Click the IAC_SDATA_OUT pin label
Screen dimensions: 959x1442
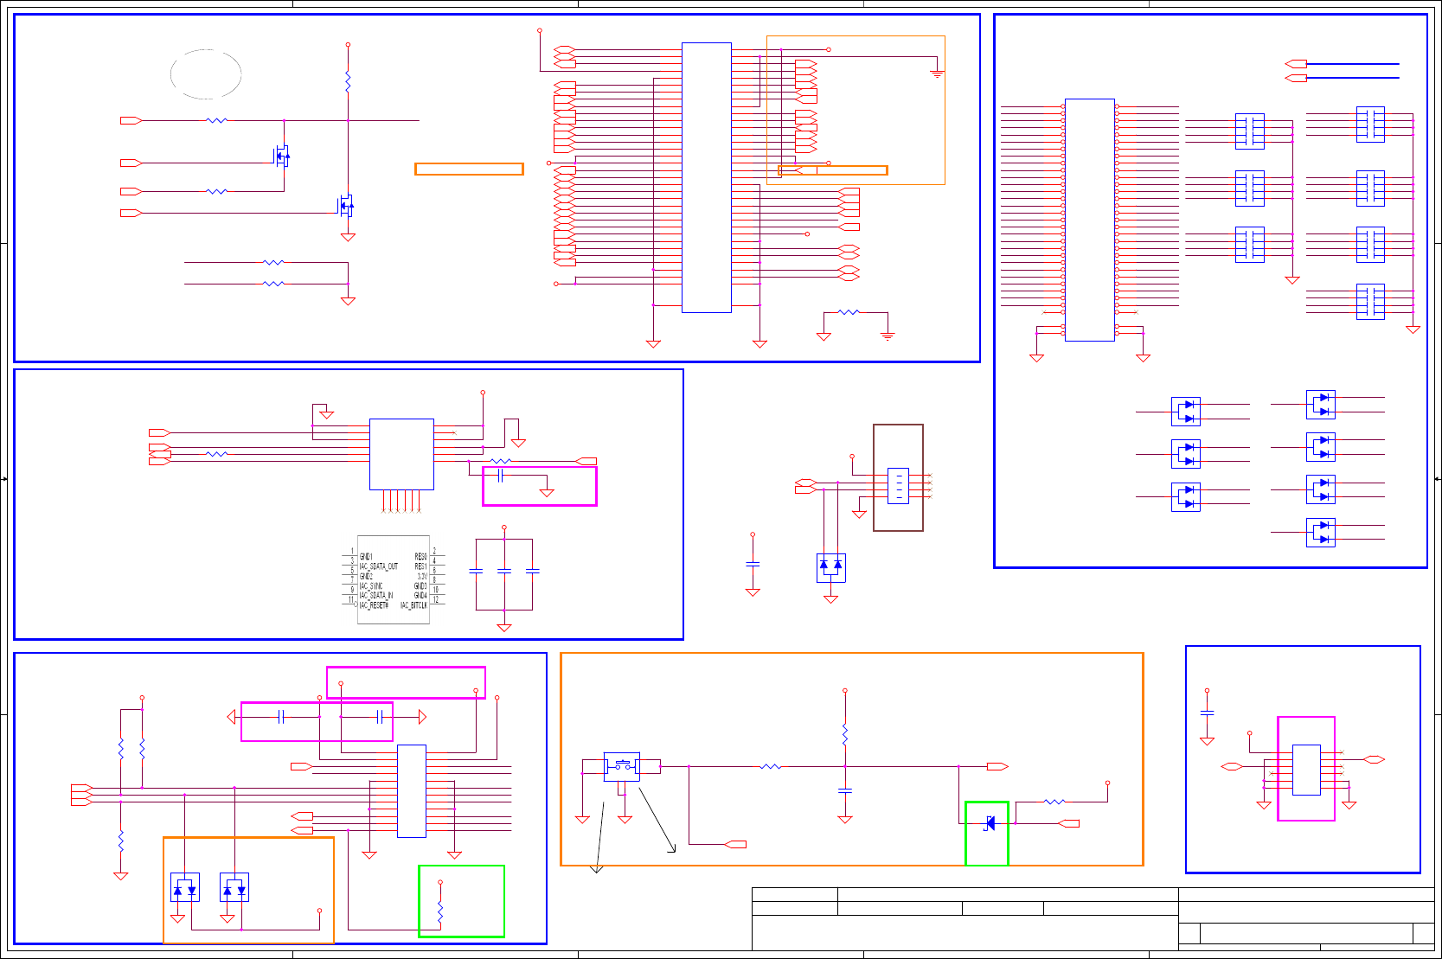coord(379,566)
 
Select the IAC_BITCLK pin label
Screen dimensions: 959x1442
coord(413,605)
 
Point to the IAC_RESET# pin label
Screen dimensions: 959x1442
coord(374,605)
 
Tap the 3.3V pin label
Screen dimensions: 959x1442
coord(421,576)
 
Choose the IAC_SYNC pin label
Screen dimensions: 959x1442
coord(371,586)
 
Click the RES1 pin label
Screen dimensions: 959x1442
coord(420,566)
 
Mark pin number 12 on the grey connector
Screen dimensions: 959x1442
coord(436,599)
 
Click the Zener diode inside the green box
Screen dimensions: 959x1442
coord(990,823)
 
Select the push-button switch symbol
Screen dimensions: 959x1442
coord(622,765)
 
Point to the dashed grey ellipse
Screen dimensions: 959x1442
coord(206,74)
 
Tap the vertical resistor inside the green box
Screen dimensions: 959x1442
coord(440,912)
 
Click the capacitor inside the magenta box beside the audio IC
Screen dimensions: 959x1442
coord(500,476)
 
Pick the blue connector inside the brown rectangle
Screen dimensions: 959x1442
coord(898,486)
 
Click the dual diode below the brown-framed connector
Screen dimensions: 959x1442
coord(830,566)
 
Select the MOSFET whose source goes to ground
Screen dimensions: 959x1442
coord(346,205)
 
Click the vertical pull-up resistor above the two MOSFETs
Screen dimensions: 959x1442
coord(348,82)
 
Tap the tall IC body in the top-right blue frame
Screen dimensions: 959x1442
coord(1089,220)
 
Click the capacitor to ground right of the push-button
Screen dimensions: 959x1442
coord(845,790)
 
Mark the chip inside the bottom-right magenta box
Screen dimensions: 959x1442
coord(1306,770)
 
